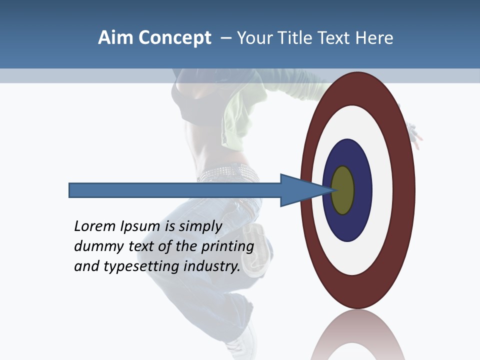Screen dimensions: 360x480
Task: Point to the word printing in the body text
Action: [227, 246]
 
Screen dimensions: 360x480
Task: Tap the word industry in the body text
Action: [212, 266]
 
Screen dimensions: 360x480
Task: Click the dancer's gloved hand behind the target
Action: [414, 131]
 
